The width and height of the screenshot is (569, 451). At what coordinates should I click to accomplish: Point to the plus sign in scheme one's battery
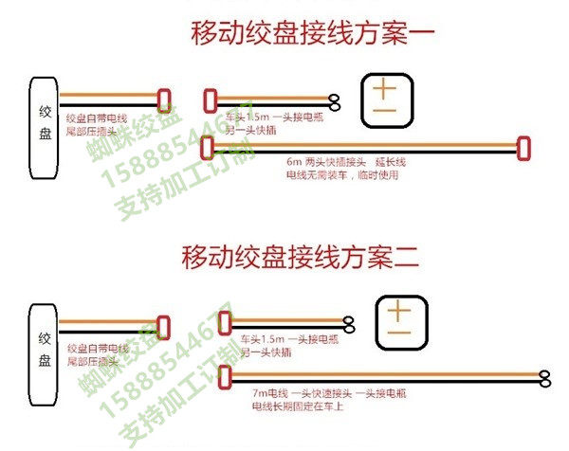(384, 91)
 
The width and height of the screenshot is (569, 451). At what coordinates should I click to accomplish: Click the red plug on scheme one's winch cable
(165, 100)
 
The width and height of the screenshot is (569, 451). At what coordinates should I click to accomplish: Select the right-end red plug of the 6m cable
(522, 147)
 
